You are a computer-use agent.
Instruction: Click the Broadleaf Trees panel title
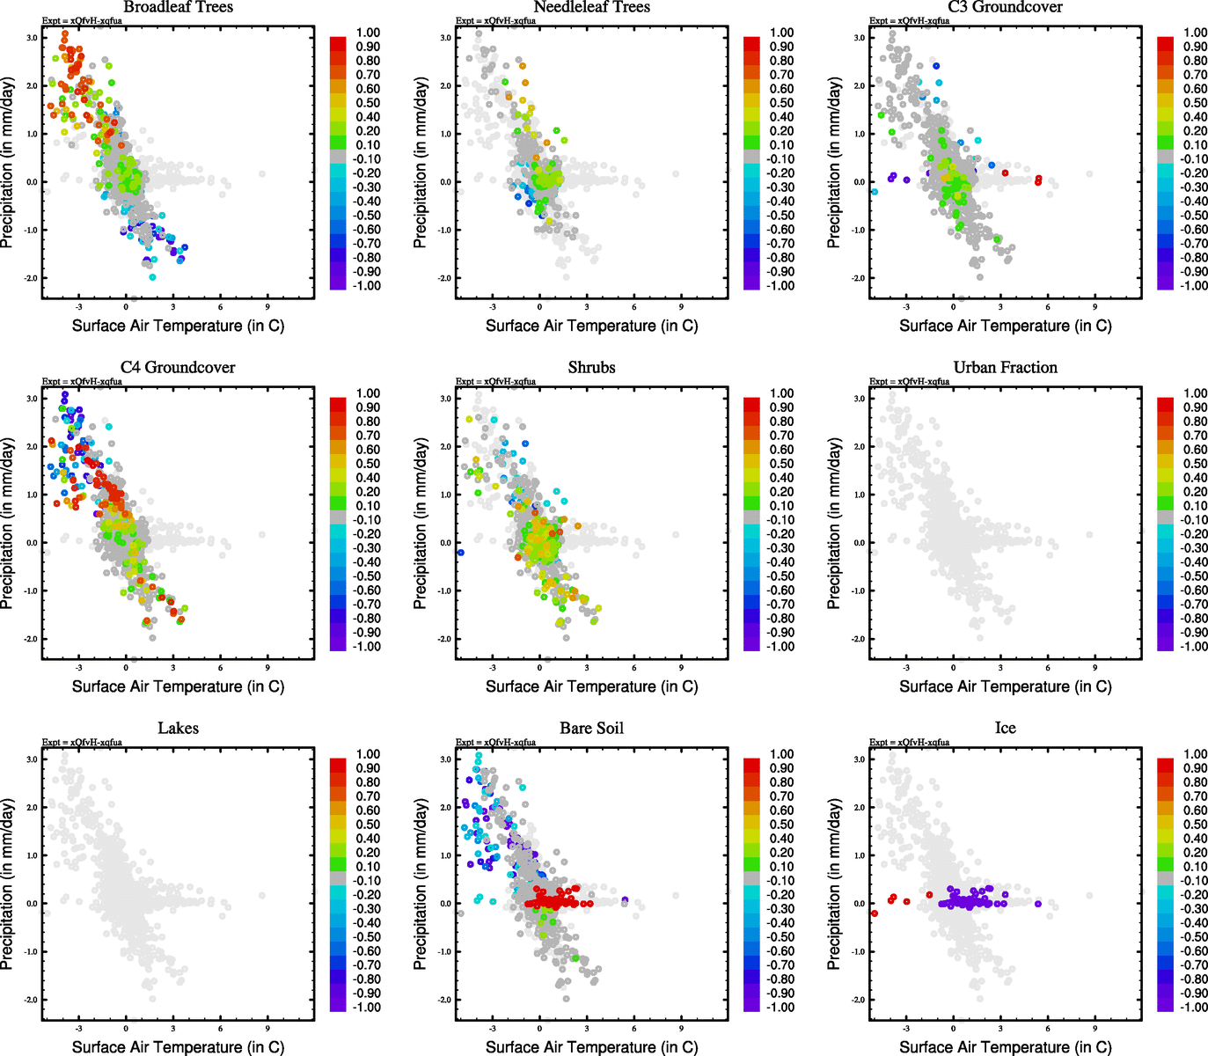pyautogui.click(x=178, y=7)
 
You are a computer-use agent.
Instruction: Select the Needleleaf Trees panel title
pyautogui.click(x=591, y=7)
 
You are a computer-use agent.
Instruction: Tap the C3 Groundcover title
pyautogui.click(x=1005, y=7)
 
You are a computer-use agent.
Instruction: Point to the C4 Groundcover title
pyautogui.click(x=178, y=368)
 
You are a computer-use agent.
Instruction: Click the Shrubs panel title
pyautogui.click(x=591, y=368)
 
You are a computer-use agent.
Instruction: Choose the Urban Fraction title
pyautogui.click(x=1005, y=368)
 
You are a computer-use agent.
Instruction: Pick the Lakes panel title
pyautogui.click(x=178, y=729)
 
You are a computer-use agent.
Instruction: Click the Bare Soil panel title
pyautogui.click(x=591, y=729)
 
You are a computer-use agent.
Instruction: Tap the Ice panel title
pyautogui.click(x=1005, y=729)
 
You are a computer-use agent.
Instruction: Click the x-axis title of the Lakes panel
pyautogui.click(x=178, y=1047)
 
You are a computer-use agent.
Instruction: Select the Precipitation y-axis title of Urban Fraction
pyautogui.click(x=835, y=524)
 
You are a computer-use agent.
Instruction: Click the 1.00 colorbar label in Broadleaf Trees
pyautogui.click(x=368, y=33)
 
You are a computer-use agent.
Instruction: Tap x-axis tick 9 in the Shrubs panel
pyautogui.click(x=681, y=668)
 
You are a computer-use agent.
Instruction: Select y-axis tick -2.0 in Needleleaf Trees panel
pyautogui.click(x=444, y=278)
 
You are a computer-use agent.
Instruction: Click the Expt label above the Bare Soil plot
pyautogui.click(x=495, y=743)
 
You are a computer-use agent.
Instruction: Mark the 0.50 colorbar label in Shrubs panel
pyautogui.click(x=781, y=464)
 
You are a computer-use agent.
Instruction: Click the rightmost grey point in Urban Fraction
pyautogui.click(x=1089, y=534)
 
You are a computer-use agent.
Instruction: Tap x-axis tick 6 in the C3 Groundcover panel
pyautogui.click(x=1048, y=307)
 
